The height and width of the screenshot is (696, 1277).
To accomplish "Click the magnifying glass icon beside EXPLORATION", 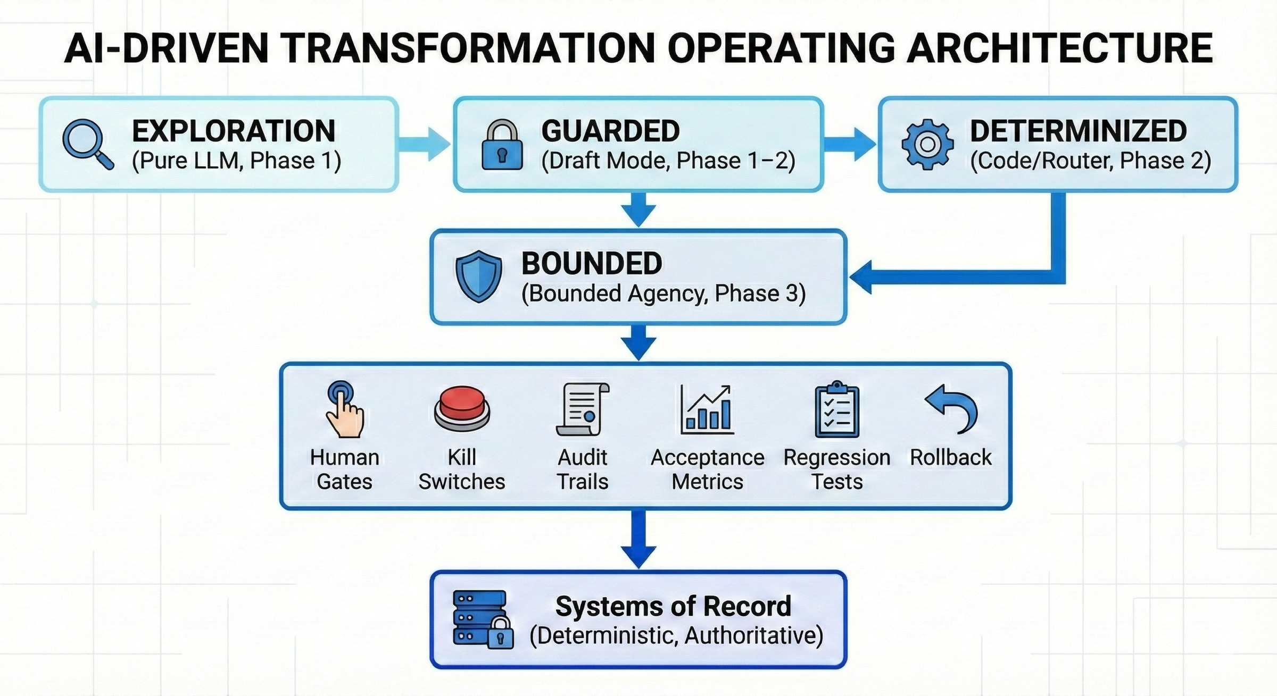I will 87,144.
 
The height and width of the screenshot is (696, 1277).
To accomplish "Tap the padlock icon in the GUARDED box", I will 502,145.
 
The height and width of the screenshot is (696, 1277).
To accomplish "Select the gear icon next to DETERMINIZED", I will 927,145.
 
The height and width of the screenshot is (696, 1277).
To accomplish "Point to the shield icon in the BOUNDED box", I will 478,276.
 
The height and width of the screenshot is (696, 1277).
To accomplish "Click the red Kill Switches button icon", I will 462,408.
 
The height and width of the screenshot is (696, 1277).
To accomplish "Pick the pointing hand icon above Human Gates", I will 344,409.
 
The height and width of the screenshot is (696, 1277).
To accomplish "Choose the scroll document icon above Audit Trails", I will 583,409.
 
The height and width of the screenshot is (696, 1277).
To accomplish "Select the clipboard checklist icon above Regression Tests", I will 836,409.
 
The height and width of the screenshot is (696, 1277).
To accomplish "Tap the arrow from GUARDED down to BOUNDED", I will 638,209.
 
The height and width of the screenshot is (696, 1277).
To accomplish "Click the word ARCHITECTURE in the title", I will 1059,48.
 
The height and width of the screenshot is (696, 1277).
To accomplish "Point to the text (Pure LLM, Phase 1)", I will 236,161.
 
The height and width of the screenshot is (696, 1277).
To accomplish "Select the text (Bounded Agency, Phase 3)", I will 663,294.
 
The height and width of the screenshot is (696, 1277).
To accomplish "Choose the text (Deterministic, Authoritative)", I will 676,635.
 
